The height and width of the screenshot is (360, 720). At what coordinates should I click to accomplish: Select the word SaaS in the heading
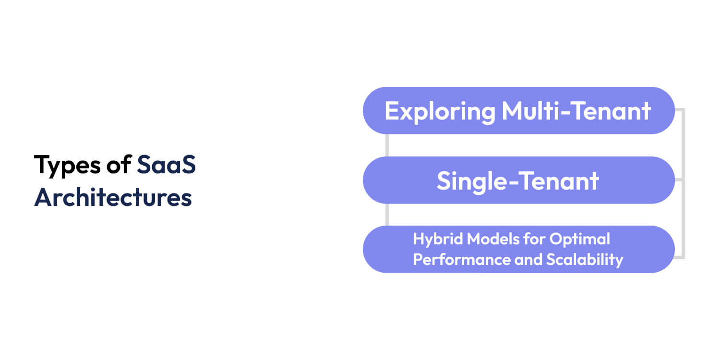(x=166, y=165)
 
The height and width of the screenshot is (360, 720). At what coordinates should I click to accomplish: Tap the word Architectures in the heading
(x=113, y=197)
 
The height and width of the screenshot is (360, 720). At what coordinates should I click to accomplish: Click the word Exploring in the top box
(x=440, y=111)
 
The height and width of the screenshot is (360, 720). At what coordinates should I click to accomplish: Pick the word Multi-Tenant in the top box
(x=576, y=111)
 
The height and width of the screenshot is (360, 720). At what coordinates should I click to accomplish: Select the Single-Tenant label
(x=518, y=181)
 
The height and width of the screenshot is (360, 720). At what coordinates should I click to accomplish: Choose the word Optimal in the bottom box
(x=580, y=239)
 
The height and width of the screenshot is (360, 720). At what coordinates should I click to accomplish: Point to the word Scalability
(x=585, y=260)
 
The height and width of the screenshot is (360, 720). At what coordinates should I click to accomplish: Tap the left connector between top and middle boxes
(x=387, y=145)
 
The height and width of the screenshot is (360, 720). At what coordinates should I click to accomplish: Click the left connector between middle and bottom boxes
(x=387, y=215)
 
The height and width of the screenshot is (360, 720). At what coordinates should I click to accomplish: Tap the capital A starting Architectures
(x=42, y=197)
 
